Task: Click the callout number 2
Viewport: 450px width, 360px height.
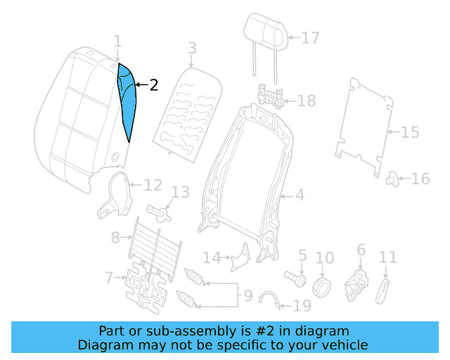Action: click(x=153, y=85)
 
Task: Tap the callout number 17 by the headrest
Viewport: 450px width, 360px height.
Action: click(x=310, y=37)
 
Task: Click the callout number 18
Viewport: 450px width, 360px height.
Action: click(x=307, y=101)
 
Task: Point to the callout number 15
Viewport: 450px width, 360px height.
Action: click(x=410, y=131)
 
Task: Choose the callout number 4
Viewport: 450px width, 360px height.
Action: click(x=300, y=195)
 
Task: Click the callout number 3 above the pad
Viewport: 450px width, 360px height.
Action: click(x=191, y=48)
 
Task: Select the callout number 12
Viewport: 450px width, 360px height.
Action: click(x=153, y=186)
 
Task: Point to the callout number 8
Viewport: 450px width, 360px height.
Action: click(x=116, y=238)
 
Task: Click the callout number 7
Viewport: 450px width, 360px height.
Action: click(x=109, y=278)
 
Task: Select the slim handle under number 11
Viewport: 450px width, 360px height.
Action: click(x=384, y=288)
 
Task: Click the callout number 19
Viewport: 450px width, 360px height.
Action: click(x=302, y=306)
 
